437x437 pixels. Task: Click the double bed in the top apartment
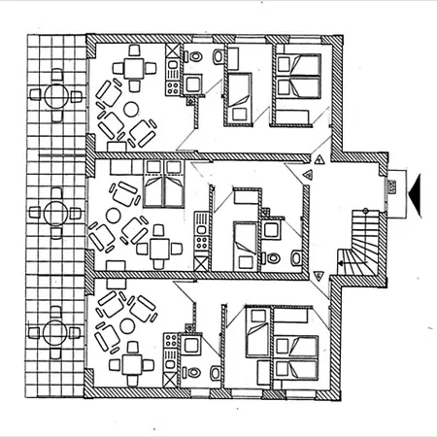tap(295, 87)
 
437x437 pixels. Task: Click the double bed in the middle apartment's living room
tap(162, 185)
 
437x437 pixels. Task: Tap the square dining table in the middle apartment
tap(159, 247)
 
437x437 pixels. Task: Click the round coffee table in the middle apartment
tap(116, 216)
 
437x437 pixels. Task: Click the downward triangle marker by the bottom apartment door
tap(319, 277)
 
